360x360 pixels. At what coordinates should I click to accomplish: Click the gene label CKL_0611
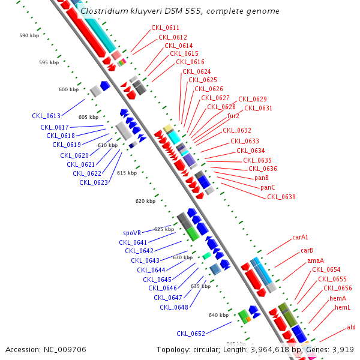165,28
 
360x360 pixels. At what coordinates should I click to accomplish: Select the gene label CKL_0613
46,116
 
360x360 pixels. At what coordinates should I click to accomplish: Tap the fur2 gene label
233,116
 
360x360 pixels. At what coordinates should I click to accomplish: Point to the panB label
261,178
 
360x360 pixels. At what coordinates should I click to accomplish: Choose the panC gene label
268,188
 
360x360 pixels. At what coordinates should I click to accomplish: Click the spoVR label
132,233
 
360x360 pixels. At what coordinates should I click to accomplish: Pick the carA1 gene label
300,238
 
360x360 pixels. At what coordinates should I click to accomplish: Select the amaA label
316,260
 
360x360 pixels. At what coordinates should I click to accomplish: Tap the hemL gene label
343,308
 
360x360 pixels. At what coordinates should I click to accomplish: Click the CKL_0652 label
191,334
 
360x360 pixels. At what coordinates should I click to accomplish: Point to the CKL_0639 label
281,197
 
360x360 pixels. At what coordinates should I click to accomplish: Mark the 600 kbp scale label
68,89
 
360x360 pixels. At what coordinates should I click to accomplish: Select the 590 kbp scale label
29,35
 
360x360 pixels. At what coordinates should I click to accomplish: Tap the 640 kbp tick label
218,315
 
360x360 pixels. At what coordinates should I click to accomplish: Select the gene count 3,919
343,349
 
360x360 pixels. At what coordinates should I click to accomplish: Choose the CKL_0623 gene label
94,182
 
